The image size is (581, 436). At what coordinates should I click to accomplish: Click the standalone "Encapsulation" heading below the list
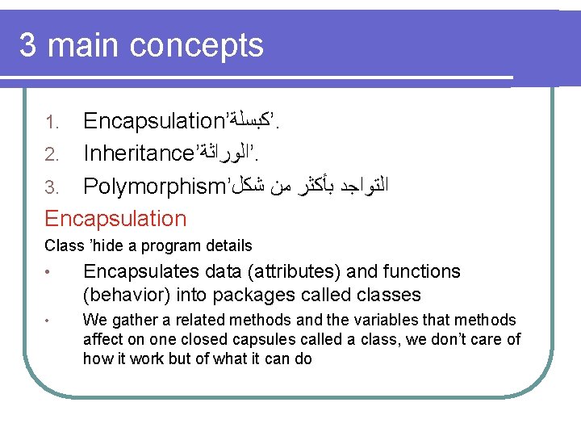coord(115,218)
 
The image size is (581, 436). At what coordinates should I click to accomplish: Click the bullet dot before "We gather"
coord(48,321)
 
